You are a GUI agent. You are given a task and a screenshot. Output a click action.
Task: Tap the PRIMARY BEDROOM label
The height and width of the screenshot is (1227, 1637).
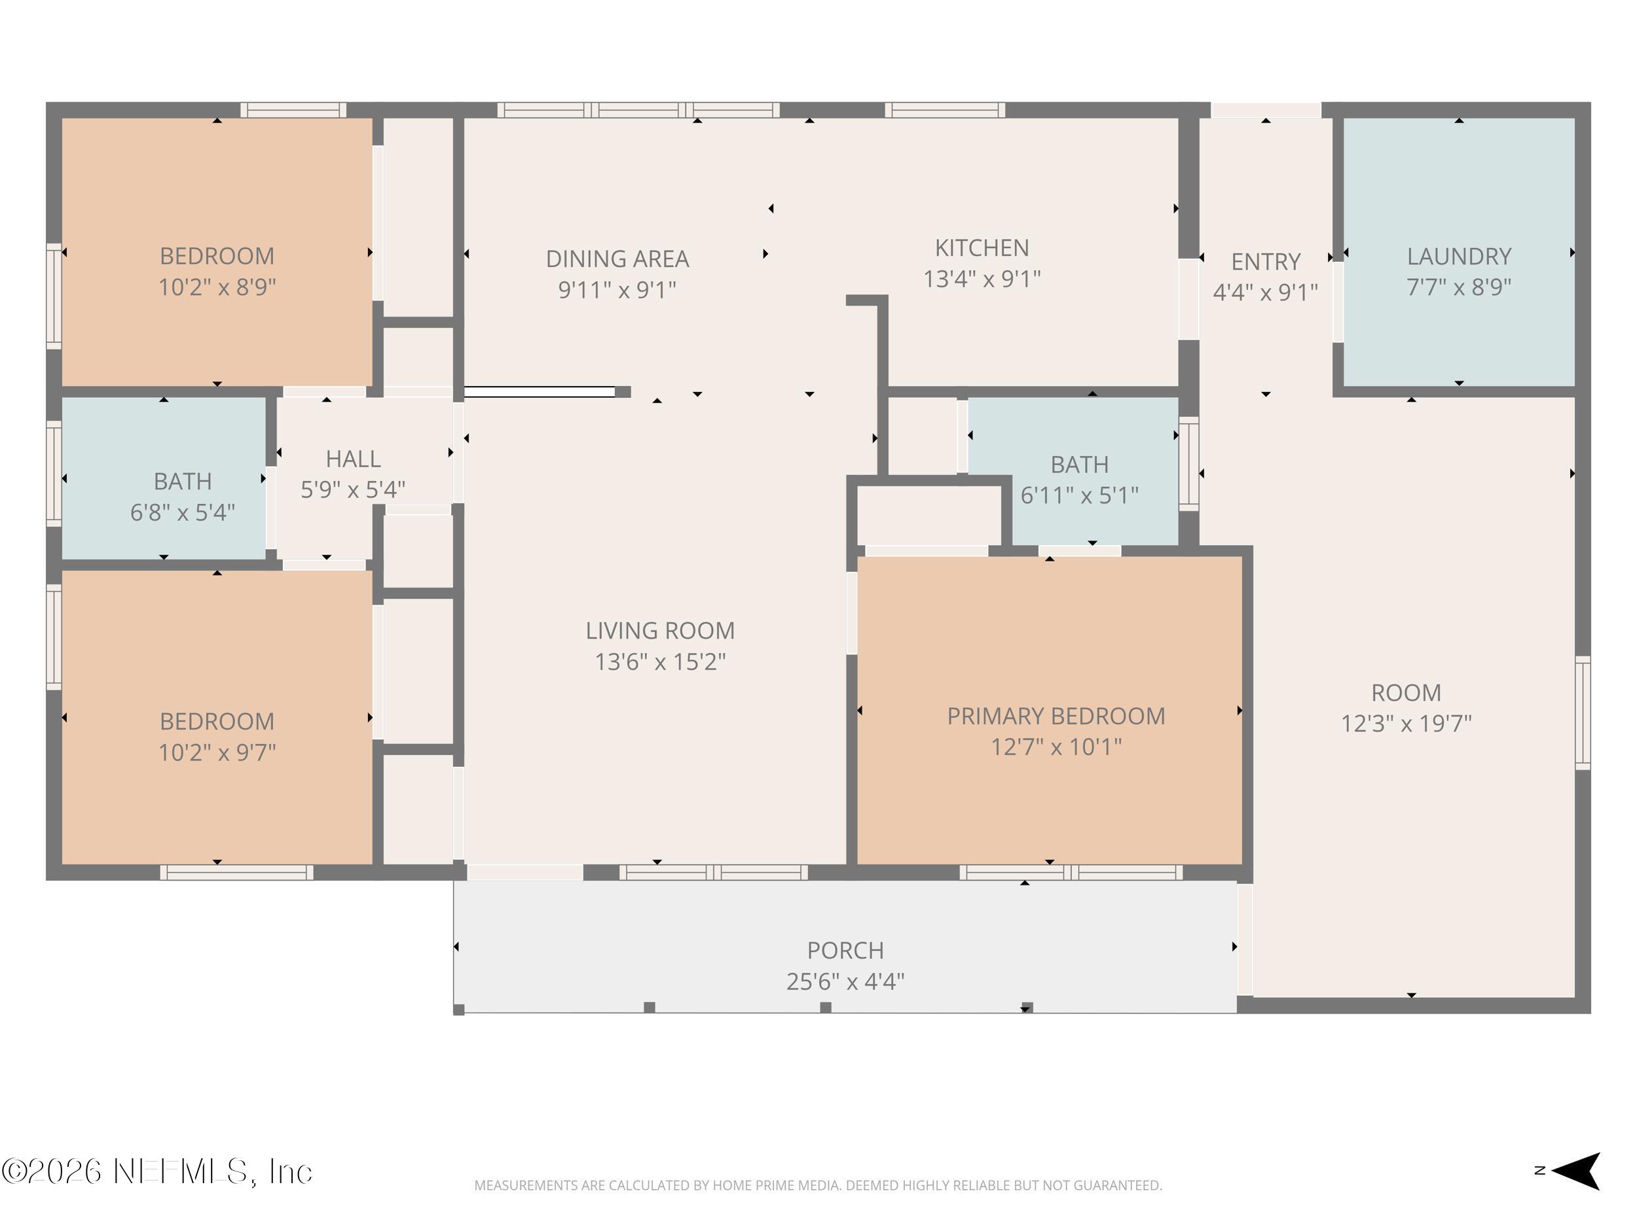point(1056,716)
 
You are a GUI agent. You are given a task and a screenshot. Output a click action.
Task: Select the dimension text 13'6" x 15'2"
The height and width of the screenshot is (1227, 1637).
point(659,661)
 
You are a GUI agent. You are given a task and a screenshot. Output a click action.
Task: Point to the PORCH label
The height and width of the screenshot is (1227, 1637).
point(845,950)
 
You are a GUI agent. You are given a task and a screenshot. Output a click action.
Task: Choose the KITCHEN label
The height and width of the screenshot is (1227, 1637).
point(982,248)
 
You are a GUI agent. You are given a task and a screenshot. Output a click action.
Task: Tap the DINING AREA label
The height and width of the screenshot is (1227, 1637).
point(617,259)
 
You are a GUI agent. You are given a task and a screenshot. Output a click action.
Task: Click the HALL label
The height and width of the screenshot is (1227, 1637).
point(353,459)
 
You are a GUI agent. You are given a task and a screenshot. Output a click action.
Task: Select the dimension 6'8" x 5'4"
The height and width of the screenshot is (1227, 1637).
point(182,512)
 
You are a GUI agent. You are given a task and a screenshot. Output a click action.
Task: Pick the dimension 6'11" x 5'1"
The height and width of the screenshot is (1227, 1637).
point(1079,495)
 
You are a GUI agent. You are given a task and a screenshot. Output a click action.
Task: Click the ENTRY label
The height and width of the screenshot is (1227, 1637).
point(1265,261)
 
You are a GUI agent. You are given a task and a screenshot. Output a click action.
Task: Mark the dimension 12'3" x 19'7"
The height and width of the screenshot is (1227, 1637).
point(1405,722)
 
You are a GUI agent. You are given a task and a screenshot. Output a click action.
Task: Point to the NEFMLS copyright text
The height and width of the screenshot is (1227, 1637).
point(157,1171)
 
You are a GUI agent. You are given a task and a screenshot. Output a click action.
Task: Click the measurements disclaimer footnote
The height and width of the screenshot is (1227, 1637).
point(818,1186)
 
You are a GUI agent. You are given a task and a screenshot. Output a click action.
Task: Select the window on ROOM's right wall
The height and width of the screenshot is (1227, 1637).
point(1582,712)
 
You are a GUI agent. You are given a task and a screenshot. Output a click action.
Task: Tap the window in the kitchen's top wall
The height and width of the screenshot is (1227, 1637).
point(944,110)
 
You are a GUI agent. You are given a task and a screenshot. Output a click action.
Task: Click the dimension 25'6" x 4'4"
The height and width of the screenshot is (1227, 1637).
point(845,981)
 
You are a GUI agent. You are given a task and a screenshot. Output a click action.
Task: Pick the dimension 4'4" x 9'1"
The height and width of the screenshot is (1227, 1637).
point(1265,292)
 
